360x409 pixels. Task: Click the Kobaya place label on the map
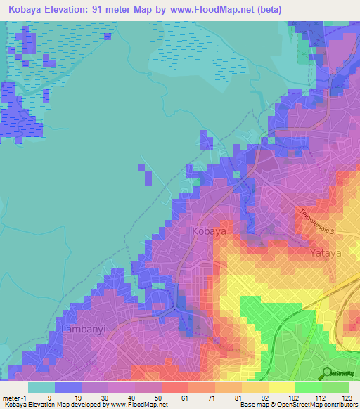(209, 231)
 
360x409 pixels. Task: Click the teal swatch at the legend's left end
(41, 387)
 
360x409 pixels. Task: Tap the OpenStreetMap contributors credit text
(309, 405)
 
